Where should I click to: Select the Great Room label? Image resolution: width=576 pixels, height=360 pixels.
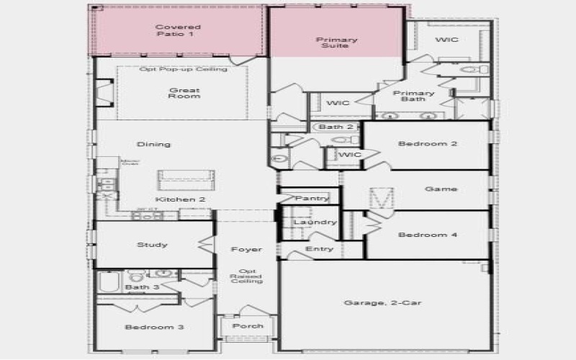coord(184,94)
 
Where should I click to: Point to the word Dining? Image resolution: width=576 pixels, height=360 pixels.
coord(154,144)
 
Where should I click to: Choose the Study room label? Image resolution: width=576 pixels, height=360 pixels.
coord(152,245)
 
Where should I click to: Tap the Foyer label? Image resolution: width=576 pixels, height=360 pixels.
coord(246,250)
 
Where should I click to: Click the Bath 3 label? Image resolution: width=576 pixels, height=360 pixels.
coord(137,288)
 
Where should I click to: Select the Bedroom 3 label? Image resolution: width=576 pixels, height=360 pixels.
coord(154,327)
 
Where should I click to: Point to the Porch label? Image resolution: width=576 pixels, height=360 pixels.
coord(248,326)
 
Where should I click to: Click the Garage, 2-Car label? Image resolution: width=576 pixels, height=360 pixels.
coord(383,303)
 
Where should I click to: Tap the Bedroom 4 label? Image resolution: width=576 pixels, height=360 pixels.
coord(428,235)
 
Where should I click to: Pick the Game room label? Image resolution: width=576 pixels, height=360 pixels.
coord(441,189)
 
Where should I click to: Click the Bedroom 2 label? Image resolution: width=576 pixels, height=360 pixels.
coord(428,143)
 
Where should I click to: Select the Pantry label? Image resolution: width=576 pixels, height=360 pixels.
coord(312,198)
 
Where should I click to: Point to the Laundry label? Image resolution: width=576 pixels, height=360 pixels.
coord(315,222)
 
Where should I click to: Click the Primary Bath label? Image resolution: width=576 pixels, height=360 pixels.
coord(414,96)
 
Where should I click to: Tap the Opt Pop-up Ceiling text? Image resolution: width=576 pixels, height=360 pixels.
coord(183,69)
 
